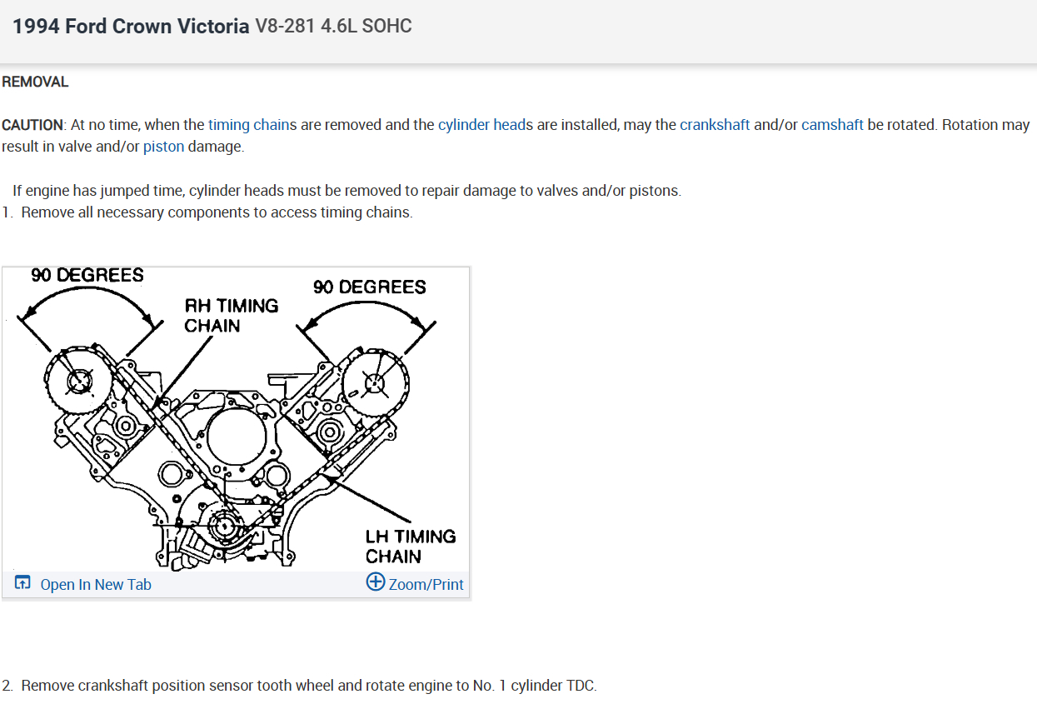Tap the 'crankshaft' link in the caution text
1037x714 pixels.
(715, 125)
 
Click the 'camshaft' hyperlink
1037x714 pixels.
(832, 125)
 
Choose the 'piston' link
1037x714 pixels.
(163, 147)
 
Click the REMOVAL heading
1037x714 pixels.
(35, 82)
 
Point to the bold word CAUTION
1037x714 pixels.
(32, 125)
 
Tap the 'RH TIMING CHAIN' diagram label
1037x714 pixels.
(231, 316)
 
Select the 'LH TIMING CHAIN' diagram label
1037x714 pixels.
(411, 546)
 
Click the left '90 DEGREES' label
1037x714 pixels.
(87, 275)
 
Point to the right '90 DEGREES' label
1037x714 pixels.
(369, 287)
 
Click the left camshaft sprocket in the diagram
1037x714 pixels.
(78, 381)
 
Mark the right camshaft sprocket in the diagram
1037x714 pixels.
(374, 383)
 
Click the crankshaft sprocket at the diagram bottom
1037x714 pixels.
(222, 527)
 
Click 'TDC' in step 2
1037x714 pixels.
(581, 686)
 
